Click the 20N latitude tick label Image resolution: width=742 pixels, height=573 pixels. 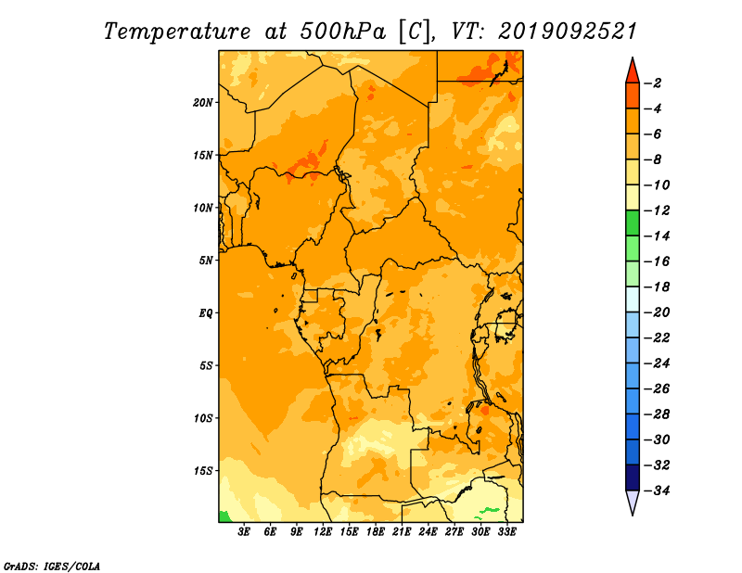(x=202, y=103)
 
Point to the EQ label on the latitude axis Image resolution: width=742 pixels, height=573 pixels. (x=205, y=313)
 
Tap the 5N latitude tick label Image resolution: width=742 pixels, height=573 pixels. (x=206, y=261)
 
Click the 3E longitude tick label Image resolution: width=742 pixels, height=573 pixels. (x=244, y=531)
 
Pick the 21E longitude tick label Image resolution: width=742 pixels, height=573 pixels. (x=402, y=531)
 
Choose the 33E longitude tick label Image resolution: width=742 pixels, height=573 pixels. (x=506, y=531)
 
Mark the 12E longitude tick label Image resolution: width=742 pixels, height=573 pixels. (x=322, y=531)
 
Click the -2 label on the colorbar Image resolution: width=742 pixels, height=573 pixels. (x=654, y=83)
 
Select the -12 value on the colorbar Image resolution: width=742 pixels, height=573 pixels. (x=657, y=210)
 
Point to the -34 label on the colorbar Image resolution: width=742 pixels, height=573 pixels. (x=657, y=490)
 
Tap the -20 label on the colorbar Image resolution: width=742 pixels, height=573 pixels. (x=657, y=312)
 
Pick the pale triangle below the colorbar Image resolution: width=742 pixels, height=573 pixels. (x=633, y=501)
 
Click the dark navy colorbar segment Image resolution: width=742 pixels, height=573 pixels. (x=633, y=477)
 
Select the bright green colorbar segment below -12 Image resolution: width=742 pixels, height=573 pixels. (x=633, y=223)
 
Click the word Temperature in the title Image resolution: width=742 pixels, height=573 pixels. (x=177, y=32)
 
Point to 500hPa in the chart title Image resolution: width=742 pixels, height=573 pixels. (x=343, y=32)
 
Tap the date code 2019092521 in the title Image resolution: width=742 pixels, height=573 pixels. (x=568, y=32)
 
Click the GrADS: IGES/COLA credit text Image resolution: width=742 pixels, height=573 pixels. (x=52, y=567)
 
